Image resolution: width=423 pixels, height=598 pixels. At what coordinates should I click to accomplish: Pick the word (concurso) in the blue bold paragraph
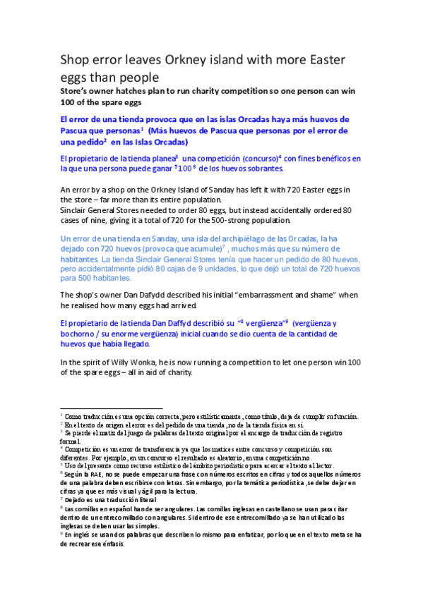click(256, 159)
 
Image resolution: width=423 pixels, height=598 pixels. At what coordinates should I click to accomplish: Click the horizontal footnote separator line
click(112, 408)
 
